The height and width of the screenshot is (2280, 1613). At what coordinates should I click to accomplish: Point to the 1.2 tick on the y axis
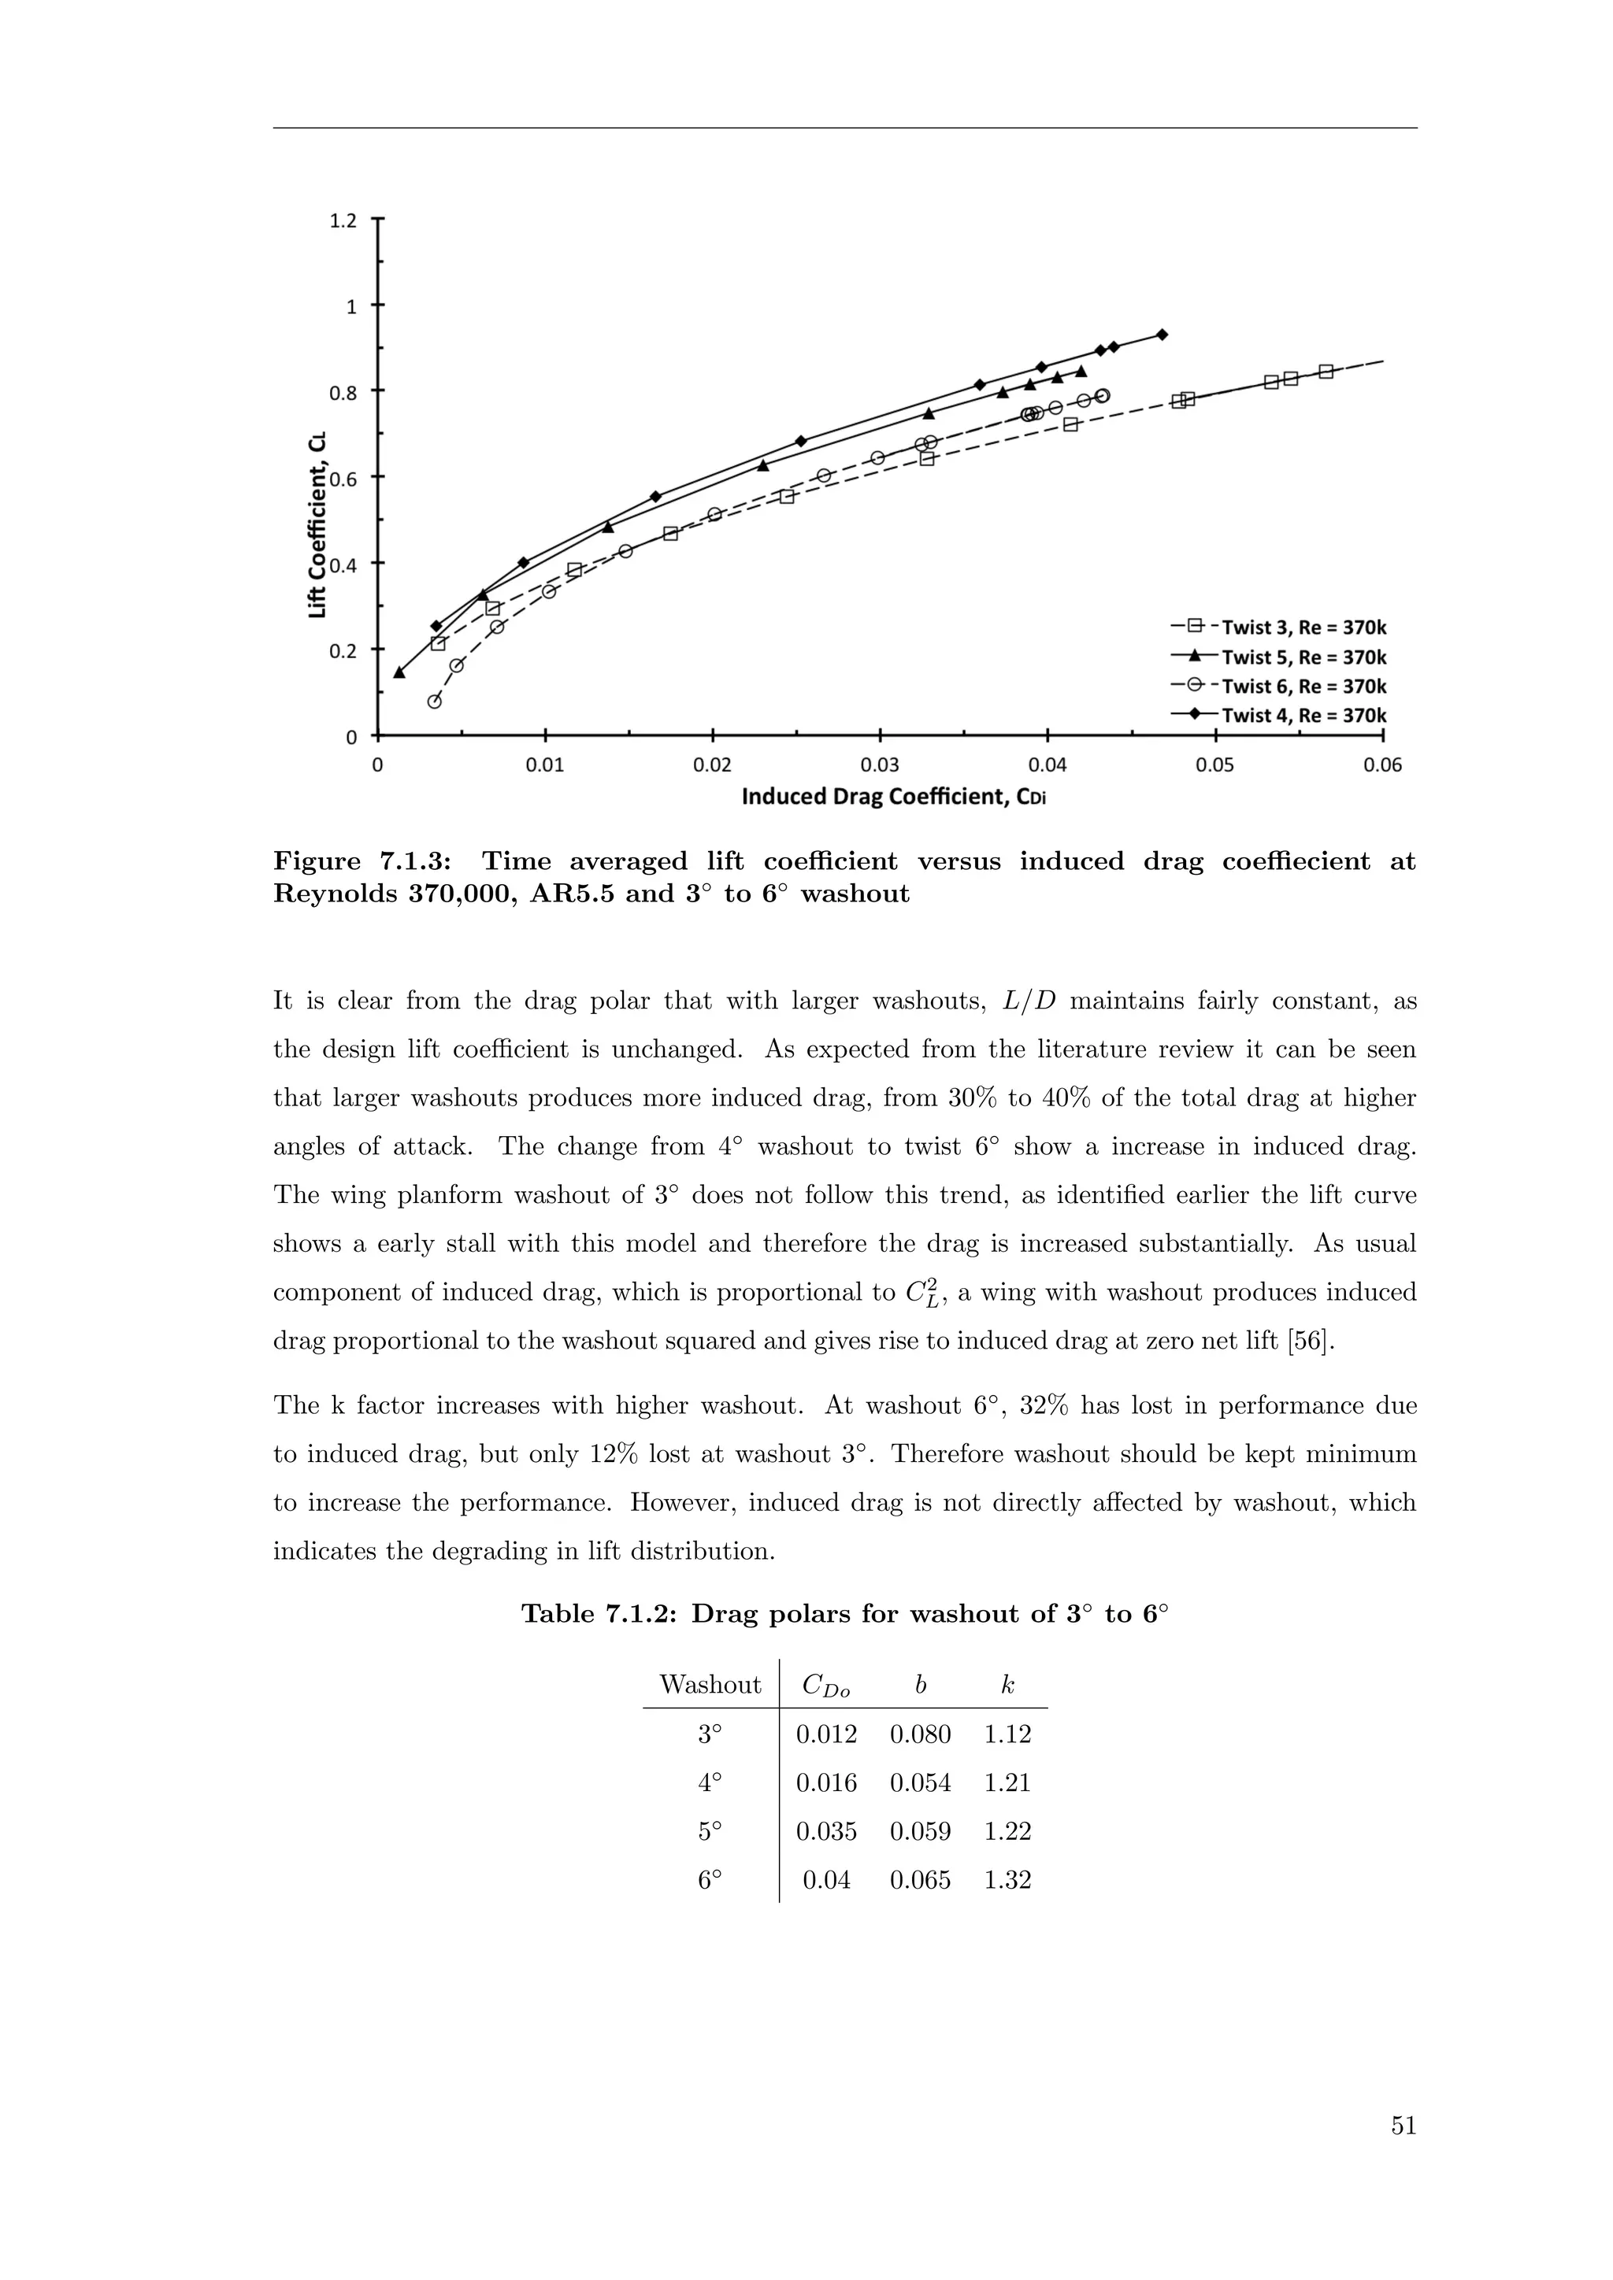343,220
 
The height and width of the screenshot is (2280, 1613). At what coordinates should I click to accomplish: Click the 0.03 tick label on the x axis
880,765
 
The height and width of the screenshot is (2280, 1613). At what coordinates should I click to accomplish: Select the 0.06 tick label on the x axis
1382,765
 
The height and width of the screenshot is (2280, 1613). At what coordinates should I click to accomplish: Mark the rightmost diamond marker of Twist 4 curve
1162,335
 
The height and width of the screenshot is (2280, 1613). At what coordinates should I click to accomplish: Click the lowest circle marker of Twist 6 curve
434,701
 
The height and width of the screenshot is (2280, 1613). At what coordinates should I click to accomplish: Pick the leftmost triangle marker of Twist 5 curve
399,672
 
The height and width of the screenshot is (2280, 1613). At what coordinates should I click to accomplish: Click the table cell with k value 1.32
1007,1880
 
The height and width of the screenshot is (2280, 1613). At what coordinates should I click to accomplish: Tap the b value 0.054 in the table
920,1782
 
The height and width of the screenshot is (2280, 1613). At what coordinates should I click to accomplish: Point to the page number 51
1403,2126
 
